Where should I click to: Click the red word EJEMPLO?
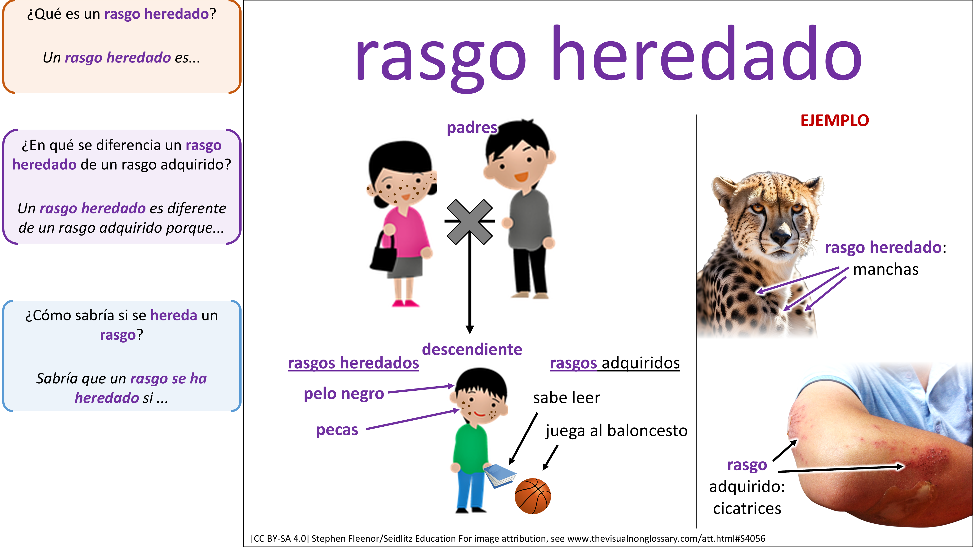(x=835, y=120)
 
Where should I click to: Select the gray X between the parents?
(x=469, y=222)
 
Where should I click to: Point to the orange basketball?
(x=532, y=496)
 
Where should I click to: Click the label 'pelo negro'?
(x=344, y=394)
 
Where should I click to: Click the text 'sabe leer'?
(x=567, y=397)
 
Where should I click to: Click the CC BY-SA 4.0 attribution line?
(x=508, y=538)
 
